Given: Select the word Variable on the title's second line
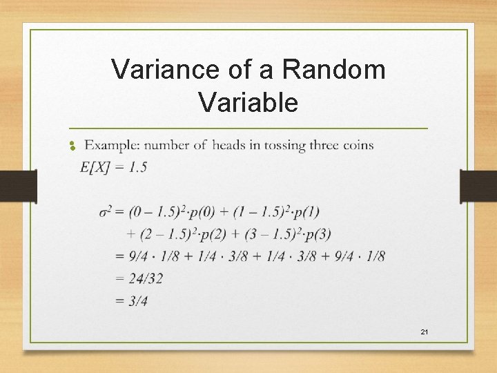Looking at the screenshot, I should [248, 102].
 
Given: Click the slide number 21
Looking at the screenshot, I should [425, 333].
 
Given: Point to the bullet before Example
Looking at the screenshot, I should [71, 146].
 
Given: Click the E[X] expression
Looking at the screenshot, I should [95, 166].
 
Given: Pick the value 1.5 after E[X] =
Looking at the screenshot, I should [137, 166].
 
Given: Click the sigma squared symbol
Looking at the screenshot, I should [106, 211].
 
